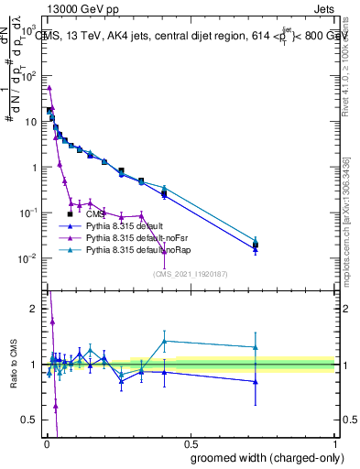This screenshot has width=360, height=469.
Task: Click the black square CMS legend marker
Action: pyautogui.click(x=71, y=214)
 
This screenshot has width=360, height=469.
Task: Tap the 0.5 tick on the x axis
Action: pyautogui.click(x=191, y=444)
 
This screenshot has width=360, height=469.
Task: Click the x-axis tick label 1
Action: pyautogui.click(x=335, y=444)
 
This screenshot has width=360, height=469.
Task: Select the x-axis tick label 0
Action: pyautogui.click(x=47, y=444)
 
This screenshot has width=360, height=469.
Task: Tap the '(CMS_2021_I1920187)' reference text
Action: pyautogui.click(x=190, y=273)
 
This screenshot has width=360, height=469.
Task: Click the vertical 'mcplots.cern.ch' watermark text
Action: pyautogui.click(x=352, y=220)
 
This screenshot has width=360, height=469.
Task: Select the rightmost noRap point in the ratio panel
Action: pyautogui.click(x=256, y=347)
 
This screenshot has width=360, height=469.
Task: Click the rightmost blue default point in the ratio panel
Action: pyautogui.click(x=256, y=382)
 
